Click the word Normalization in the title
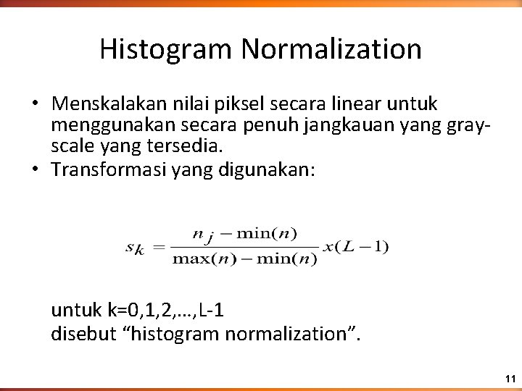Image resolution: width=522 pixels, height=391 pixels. point(332,49)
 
